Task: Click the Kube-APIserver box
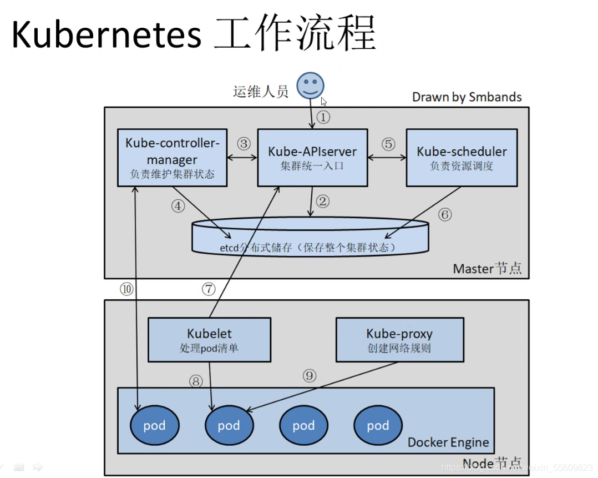pos(312,158)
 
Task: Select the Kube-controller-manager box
pos(173,158)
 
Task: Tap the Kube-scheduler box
pos(462,158)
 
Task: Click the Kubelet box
pos(209,340)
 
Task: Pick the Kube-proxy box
pos(399,340)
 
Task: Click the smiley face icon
pos(311,85)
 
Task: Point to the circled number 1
pos(323,117)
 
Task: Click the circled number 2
pos(323,201)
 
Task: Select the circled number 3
pos(244,144)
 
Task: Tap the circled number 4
pos(178,206)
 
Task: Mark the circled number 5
pos(388,144)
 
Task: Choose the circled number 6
pos(445,214)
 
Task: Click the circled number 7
pos(209,289)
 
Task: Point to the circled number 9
pos(310,376)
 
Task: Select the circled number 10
pos(126,289)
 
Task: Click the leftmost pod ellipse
pos(154,425)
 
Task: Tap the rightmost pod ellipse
pos(378,425)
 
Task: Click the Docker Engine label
pos(448,442)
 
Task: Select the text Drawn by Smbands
pos(467,97)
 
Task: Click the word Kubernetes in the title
pos(107,34)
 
